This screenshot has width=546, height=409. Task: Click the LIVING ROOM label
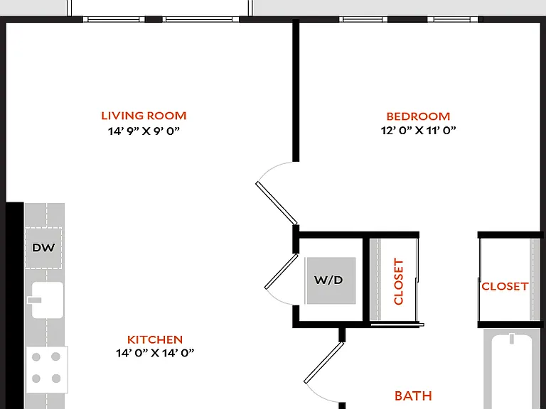coord(144,116)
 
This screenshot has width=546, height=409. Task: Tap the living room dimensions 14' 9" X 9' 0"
coord(144,131)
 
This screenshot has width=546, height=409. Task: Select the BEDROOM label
coord(418,116)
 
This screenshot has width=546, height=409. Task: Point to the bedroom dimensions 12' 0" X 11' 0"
coord(418,131)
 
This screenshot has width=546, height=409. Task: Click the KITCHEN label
coord(155,339)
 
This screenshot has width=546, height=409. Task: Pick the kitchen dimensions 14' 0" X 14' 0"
coord(155,353)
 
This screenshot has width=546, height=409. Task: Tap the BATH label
coord(413,396)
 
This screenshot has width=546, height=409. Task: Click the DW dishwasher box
coord(43,248)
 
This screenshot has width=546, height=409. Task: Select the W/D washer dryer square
coord(331,280)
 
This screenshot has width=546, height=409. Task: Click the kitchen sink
coord(48,300)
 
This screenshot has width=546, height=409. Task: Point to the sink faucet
coord(34,300)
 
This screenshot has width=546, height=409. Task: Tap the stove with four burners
coord(47,369)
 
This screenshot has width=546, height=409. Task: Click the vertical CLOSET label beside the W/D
coord(398,281)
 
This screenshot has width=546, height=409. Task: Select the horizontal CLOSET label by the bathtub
coord(505,286)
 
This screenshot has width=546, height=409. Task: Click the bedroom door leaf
coord(277,204)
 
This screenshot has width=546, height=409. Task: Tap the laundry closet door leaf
coord(282,272)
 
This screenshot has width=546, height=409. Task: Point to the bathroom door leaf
coord(324,363)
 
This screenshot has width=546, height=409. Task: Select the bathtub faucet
coord(512,339)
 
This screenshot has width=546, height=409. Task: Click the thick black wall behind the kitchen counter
coord(15,305)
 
